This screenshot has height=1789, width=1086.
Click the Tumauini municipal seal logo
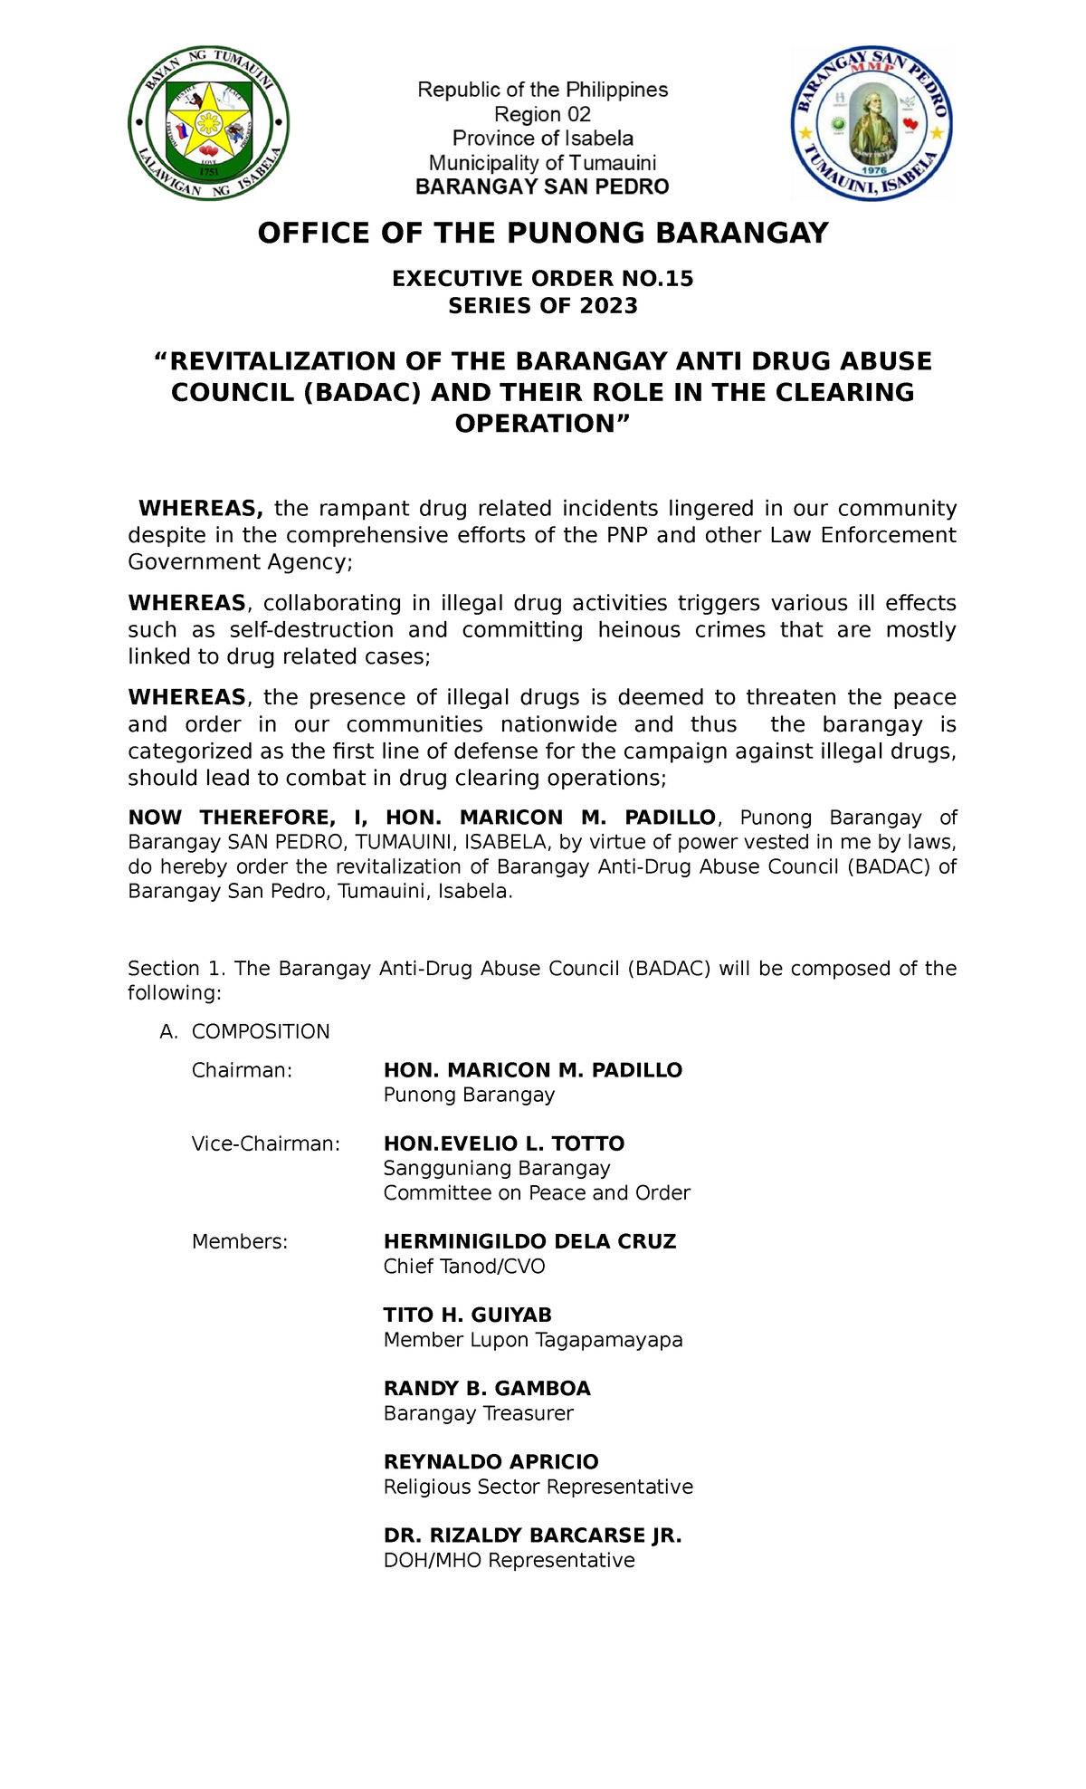point(209,124)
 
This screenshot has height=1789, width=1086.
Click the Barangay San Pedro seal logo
point(872,124)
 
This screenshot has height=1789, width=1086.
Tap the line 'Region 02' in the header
point(542,114)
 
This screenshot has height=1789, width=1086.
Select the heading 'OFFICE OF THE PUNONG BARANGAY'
point(543,234)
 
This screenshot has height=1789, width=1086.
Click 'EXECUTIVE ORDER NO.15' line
point(543,279)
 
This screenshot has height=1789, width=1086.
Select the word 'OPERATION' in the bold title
point(534,423)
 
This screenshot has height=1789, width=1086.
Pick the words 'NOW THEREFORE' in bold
point(231,818)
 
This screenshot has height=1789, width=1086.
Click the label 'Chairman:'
point(243,1070)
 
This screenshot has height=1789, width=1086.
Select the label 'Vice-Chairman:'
point(266,1143)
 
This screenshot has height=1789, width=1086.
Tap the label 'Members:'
point(240,1241)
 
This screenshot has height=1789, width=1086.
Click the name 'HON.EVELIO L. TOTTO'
point(504,1143)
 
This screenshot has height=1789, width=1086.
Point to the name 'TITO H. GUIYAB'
point(467,1315)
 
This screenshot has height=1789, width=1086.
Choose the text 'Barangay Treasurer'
point(478,1413)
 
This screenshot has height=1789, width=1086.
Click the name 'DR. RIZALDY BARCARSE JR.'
point(532,1535)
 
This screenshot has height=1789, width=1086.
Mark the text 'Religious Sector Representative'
point(538,1487)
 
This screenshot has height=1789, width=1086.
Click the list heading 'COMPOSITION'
point(261,1032)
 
